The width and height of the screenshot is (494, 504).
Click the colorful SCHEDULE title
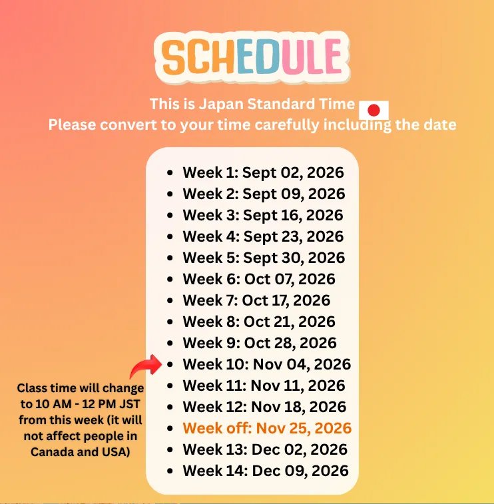pos(252,57)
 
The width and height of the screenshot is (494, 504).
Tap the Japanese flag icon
pos(373,111)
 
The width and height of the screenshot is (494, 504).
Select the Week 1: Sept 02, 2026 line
pos(263,172)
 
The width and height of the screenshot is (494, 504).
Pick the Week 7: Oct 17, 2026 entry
pos(256,300)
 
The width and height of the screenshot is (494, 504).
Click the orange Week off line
pos(267,428)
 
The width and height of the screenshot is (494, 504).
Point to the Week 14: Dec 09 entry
pos(266,471)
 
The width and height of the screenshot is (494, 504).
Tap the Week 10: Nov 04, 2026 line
pos(267,364)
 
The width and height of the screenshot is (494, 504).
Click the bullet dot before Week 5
pos(170,258)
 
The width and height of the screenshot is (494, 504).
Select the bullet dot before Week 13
pos(170,449)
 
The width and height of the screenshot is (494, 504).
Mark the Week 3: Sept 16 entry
pos(263,215)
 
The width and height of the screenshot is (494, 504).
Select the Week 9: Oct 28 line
pos(260,343)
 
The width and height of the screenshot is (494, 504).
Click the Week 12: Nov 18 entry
pos(264,407)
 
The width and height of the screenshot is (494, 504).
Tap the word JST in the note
pos(130,404)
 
